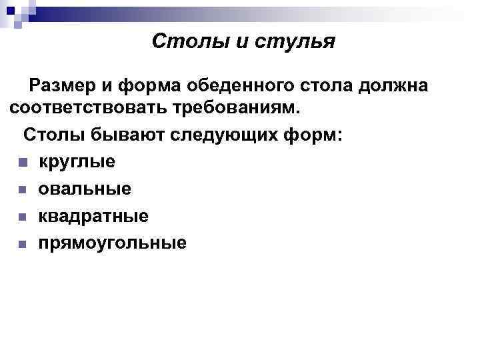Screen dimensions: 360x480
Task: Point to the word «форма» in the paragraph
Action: click(146, 86)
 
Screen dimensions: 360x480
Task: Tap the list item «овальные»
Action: click(84, 190)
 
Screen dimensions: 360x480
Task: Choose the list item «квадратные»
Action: click(93, 217)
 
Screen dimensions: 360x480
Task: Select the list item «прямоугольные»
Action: click(112, 244)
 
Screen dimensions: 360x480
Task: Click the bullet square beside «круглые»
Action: click(22, 163)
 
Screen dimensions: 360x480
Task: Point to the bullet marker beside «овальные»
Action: click(22, 191)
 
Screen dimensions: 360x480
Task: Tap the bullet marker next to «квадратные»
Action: click(22, 217)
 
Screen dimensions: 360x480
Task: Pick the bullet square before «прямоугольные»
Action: click(22, 245)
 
